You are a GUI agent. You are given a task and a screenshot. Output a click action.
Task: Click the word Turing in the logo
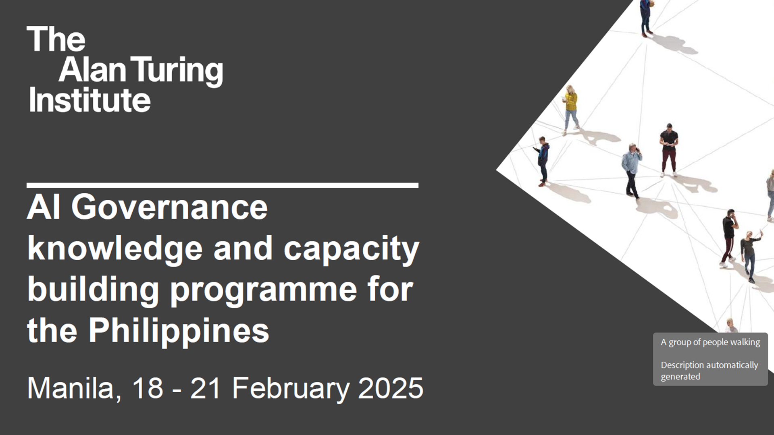(x=177, y=70)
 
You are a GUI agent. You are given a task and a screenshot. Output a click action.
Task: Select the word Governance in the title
(x=169, y=207)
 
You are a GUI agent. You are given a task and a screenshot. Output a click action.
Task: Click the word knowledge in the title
(x=115, y=248)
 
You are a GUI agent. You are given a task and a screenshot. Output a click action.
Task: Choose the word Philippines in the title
(x=179, y=331)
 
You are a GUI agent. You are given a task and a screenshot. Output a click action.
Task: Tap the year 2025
(x=391, y=388)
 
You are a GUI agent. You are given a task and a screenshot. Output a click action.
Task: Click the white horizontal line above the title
(x=222, y=185)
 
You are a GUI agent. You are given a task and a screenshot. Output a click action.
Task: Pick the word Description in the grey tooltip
(x=682, y=365)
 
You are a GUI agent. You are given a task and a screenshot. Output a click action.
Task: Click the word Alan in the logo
(x=92, y=70)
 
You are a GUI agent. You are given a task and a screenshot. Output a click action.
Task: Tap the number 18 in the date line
(x=147, y=388)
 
